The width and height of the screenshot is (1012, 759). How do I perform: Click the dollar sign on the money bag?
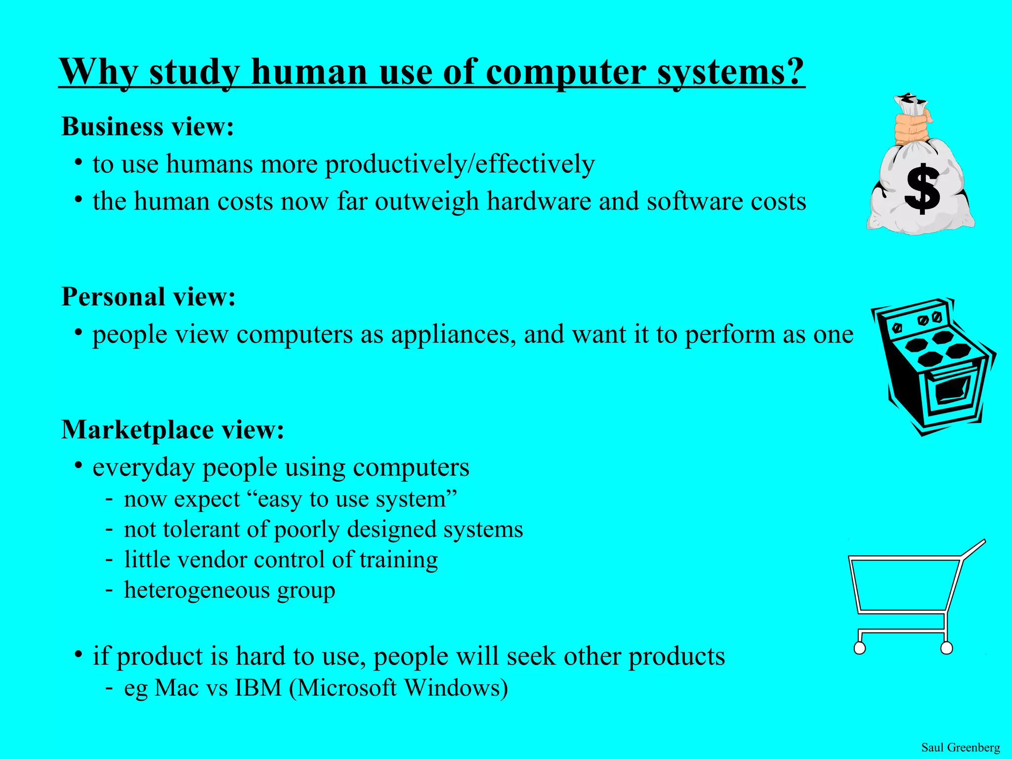pos(922,189)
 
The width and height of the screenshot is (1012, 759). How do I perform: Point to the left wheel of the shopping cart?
pos(860,648)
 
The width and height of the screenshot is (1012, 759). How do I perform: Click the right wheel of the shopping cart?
pos(946,648)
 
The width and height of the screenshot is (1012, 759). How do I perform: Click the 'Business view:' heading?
pos(147,126)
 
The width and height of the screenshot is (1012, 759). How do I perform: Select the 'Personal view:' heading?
pos(148,297)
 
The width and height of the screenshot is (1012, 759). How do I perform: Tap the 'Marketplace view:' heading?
pos(172,429)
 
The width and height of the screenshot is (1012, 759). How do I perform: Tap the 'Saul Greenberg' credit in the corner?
pos(961,747)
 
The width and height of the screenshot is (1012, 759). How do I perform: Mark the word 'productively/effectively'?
pos(460,164)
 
